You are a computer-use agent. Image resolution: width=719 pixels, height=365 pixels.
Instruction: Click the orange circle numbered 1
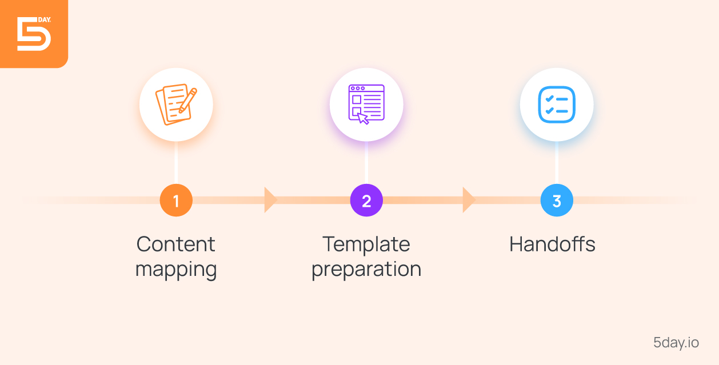176,200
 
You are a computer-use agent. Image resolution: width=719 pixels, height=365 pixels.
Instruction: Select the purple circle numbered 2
366,200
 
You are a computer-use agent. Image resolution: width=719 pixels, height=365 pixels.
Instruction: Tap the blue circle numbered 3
557,200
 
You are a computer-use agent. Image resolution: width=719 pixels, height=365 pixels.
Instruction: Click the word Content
176,244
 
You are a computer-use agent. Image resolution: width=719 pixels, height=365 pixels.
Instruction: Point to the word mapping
176,269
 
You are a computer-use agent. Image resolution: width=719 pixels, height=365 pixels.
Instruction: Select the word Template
366,244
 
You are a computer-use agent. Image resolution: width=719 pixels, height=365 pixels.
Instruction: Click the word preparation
366,269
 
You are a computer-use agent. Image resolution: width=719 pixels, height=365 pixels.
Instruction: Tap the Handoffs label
552,244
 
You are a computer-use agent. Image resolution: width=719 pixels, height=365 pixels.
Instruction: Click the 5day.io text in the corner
676,343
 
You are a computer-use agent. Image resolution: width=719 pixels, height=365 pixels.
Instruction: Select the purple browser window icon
366,105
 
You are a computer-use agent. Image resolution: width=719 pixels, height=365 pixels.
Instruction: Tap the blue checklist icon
557,105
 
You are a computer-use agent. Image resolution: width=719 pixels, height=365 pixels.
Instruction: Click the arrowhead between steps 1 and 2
270,200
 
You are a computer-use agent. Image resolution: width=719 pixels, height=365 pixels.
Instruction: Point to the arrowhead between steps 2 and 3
468,200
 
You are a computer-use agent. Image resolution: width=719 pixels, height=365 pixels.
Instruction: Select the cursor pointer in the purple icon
362,118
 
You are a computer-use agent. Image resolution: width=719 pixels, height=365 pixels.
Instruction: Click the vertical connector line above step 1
176,163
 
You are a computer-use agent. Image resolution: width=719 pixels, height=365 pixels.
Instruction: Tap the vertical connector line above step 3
557,163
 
